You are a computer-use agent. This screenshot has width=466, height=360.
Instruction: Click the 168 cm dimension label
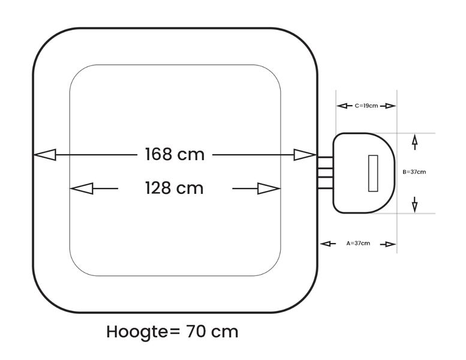pyautogui.click(x=174, y=154)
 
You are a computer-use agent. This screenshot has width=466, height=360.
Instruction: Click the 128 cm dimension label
pyautogui.click(x=174, y=188)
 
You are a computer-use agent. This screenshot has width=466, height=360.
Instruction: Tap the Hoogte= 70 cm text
pyautogui.click(x=172, y=331)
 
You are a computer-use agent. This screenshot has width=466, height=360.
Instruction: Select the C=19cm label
pyautogui.click(x=366, y=106)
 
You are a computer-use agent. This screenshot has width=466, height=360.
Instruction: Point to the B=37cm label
pyautogui.click(x=414, y=172)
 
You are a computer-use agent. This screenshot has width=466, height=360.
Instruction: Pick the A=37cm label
pyautogui.click(x=358, y=244)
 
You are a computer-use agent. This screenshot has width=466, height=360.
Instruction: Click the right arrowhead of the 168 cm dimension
pyautogui.click(x=305, y=155)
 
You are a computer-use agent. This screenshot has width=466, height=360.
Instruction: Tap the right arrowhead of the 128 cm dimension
pyautogui.click(x=269, y=188)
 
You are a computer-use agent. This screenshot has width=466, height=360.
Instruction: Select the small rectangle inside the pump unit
pyautogui.click(x=373, y=173)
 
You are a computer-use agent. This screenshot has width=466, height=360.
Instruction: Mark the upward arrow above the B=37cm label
pyautogui.click(x=414, y=142)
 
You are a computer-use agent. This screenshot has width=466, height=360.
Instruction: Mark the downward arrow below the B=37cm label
pyautogui.click(x=414, y=205)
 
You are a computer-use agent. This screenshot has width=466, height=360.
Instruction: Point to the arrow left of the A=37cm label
pyautogui.click(x=327, y=244)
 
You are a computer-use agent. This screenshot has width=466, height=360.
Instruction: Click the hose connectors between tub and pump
pyautogui.click(x=324, y=173)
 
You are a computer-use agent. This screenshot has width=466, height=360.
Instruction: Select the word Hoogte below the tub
pyautogui.click(x=137, y=332)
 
